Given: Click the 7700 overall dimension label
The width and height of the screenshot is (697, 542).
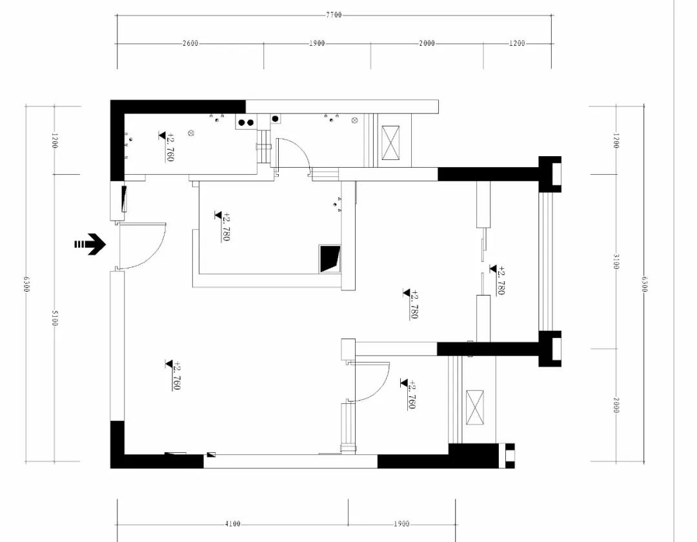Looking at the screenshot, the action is click(x=334, y=15).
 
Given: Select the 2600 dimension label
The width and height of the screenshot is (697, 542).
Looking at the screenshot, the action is click(x=190, y=43).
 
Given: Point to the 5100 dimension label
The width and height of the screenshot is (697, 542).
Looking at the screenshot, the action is click(x=55, y=317).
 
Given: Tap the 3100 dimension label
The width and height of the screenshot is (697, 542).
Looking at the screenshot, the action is click(x=616, y=262).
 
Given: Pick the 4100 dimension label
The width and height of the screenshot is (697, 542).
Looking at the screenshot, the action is click(x=232, y=524).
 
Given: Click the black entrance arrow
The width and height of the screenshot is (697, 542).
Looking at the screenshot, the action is click(x=90, y=245).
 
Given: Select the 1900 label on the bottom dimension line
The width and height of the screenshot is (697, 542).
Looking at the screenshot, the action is click(x=401, y=524).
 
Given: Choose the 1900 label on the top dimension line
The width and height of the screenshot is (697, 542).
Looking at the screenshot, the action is click(x=317, y=43).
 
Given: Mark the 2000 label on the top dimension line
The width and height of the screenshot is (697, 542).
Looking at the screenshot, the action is click(x=427, y=43).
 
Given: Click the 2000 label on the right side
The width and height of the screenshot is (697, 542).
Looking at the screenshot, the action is click(x=616, y=405).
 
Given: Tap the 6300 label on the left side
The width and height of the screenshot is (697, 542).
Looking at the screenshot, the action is click(x=26, y=285).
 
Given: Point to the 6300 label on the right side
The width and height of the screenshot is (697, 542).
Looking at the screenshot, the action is click(x=645, y=285).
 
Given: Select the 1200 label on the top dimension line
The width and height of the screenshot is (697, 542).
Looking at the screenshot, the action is click(x=517, y=43).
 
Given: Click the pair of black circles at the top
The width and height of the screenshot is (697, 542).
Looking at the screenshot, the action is click(x=246, y=122).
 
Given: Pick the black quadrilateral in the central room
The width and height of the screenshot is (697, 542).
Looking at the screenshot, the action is click(x=330, y=259).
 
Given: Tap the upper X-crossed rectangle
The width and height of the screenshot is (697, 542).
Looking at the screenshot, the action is click(x=390, y=143).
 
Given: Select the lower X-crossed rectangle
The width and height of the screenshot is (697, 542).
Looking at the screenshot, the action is click(x=475, y=408).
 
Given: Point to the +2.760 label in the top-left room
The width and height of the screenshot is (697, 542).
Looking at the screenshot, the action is click(x=167, y=146).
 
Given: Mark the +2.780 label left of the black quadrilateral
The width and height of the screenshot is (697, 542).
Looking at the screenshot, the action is click(x=223, y=226).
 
